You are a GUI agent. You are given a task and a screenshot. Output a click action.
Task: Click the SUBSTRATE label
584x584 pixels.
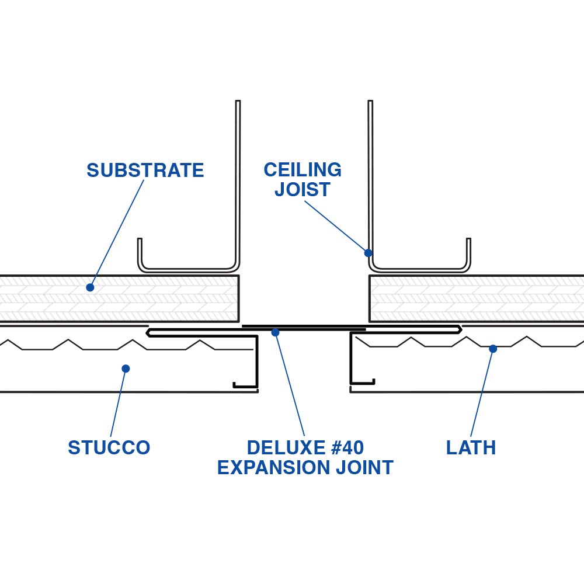click(x=145, y=171)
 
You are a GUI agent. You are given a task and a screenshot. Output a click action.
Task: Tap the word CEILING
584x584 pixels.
click(x=303, y=170)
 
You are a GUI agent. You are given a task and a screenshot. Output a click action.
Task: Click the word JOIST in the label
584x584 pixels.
click(x=303, y=190)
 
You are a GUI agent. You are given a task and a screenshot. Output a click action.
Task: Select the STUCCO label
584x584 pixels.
click(x=109, y=448)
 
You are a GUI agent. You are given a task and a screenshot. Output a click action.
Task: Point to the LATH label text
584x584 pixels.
click(x=471, y=448)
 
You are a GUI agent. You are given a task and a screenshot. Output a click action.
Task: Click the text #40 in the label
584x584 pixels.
click(x=343, y=448)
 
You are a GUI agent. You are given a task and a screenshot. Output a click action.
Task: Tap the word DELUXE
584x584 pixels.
click(x=283, y=448)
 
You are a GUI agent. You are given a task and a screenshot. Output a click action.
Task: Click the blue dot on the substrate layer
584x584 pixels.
click(x=90, y=287)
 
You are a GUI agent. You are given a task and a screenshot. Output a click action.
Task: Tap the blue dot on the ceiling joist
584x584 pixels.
click(x=368, y=253)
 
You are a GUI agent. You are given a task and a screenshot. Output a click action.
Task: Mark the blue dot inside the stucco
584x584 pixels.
click(x=126, y=369)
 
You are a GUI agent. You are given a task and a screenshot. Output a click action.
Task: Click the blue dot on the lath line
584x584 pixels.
click(x=493, y=349)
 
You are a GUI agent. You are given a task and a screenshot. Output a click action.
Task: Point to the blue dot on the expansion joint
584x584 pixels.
click(x=275, y=332)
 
